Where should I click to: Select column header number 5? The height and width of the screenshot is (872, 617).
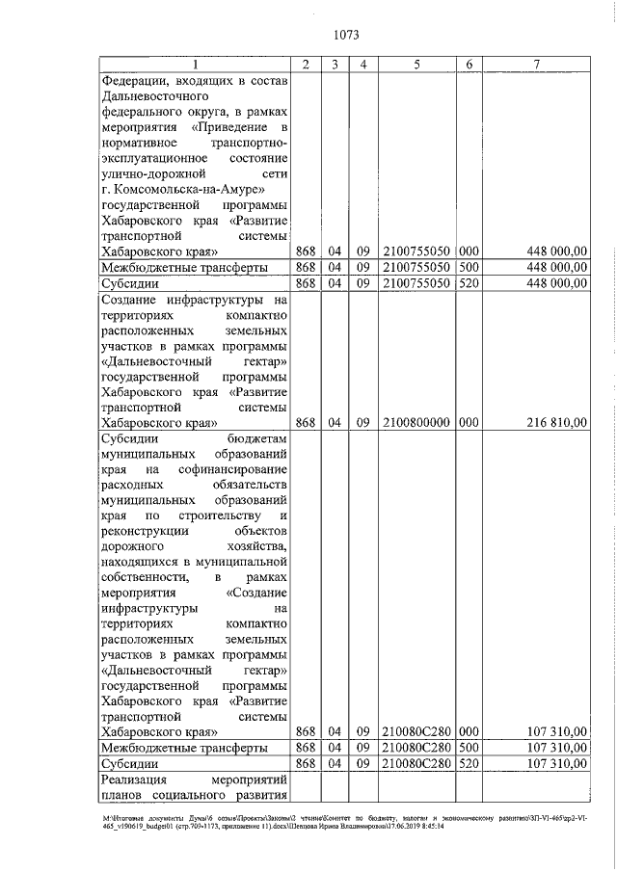pyautogui.click(x=416, y=65)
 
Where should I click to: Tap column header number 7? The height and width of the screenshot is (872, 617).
pyautogui.click(x=538, y=65)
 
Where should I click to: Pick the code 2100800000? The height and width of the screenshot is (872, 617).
pyautogui.click(x=416, y=422)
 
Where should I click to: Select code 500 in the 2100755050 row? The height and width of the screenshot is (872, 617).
pyautogui.click(x=469, y=267)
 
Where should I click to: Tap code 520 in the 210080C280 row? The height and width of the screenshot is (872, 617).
pyautogui.click(x=469, y=763)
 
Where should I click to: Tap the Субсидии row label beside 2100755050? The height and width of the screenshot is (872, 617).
pyautogui.click(x=129, y=283)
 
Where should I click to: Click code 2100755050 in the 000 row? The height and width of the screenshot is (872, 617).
pyautogui.click(x=416, y=251)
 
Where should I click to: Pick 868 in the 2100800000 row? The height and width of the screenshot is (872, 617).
pyautogui.click(x=306, y=422)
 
